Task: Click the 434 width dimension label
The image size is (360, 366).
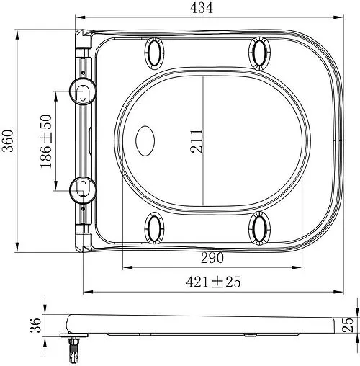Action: [202, 8]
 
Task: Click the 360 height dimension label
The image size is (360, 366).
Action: [8, 140]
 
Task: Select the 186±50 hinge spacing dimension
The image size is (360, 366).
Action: [46, 141]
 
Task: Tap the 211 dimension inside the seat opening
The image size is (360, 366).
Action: [197, 141]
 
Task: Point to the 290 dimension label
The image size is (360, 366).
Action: [212, 258]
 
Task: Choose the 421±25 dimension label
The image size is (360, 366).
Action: [213, 282]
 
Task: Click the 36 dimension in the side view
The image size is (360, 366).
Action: [35, 325]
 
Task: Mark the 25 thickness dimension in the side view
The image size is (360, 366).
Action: [348, 325]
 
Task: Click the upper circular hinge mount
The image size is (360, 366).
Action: [83, 91]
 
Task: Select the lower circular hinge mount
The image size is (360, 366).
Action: [83, 190]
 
